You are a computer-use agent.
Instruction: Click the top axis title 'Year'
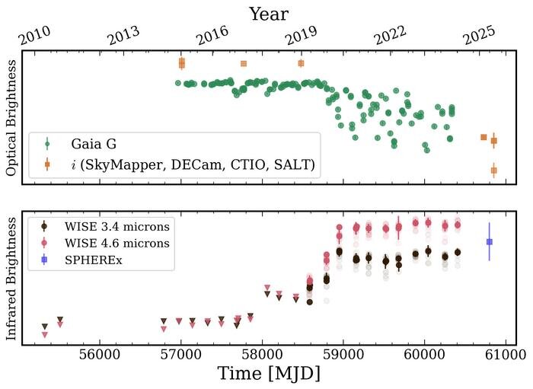[267, 14]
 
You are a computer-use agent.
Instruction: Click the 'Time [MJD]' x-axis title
[268, 374]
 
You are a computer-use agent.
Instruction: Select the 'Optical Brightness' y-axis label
[11, 120]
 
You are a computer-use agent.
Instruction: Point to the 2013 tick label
[125, 36]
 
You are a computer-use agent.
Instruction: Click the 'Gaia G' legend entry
[94, 143]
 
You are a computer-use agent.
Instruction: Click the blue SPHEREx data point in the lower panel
[489, 242]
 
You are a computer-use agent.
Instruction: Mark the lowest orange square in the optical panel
[493, 171]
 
